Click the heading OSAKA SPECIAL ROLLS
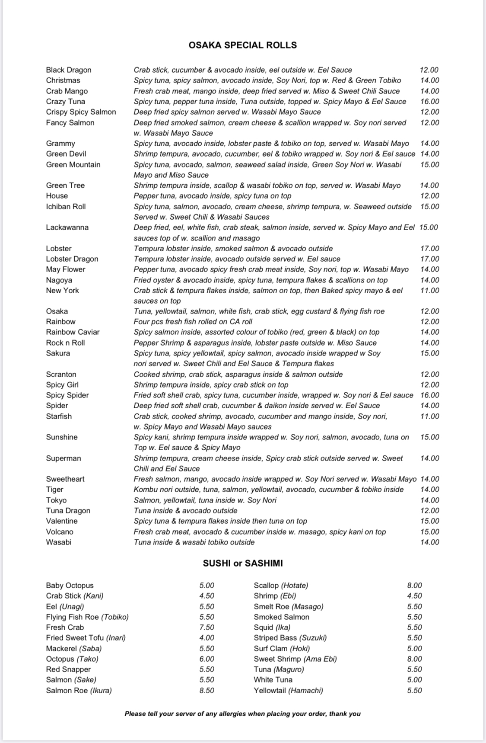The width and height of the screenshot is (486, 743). [x=242, y=45]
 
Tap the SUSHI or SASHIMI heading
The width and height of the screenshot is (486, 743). [x=243, y=563]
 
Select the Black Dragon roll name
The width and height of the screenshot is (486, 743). [x=69, y=70]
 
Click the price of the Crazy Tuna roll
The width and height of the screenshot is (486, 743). [x=429, y=102]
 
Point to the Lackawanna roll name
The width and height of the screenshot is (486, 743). [x=67, y=227]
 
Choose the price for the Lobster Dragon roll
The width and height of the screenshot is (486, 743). [x=429, y=259]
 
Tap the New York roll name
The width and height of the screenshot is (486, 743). [x=62, y=291]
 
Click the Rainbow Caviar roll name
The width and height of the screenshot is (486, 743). [x=73, y=332]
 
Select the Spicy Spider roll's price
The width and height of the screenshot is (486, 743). [x=429, y=395]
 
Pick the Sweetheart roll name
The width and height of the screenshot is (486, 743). [x=65, y=479]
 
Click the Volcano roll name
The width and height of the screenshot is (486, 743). [x=60, y=532]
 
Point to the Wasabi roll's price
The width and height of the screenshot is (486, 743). [x=429, y=542]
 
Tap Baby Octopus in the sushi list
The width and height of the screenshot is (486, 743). [x=70, y=586]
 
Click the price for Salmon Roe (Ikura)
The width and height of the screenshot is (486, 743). [x=206, y=691]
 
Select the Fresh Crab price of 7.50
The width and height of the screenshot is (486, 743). [x=206, y=628]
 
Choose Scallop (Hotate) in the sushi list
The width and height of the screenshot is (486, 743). [x=281, y=586]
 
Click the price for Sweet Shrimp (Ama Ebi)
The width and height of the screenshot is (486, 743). [x=414, y=659]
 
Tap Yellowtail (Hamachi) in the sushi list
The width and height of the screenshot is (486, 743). [x=288, y=691]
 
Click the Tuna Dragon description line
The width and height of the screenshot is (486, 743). [x=185, y=511]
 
